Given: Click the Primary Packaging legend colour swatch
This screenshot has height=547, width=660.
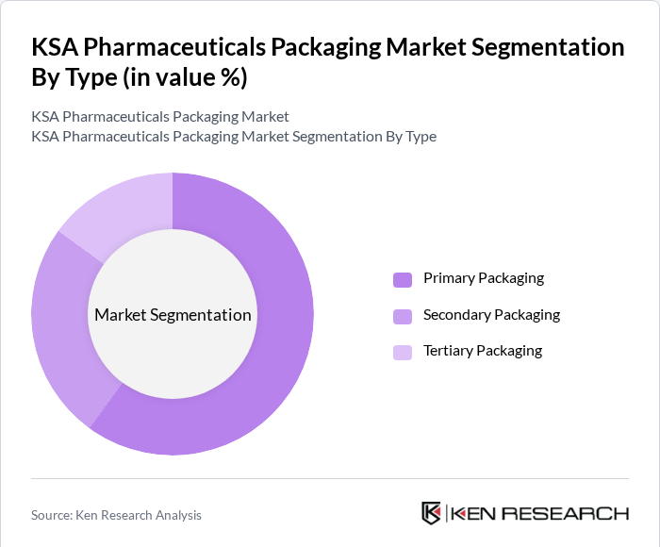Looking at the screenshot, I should tap(403, 279).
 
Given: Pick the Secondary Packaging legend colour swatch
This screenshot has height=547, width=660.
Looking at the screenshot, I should tap(403, 316).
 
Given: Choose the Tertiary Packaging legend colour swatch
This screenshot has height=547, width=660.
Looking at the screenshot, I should tap(403, 352).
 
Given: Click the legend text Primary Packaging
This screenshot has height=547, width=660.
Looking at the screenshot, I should tap(484, 278).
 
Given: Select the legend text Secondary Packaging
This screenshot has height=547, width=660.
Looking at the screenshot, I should tap(491, 315).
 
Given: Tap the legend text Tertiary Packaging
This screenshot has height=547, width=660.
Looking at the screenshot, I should tap(483, 351).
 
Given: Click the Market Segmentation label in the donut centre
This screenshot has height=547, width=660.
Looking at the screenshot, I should tap(173, 315).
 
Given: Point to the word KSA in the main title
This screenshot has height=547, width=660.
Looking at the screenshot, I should tap(58, 48).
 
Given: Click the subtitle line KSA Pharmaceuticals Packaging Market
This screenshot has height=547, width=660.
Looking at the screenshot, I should tap(160, 117).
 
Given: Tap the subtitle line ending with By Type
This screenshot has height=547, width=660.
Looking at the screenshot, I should tap(234, 137).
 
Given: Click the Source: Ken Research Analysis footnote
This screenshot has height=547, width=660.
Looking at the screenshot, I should tap(116, 515).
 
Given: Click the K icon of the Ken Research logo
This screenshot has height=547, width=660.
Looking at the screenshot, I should tap(431, 513).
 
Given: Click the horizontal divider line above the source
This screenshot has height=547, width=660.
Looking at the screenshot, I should tap(330, 478).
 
